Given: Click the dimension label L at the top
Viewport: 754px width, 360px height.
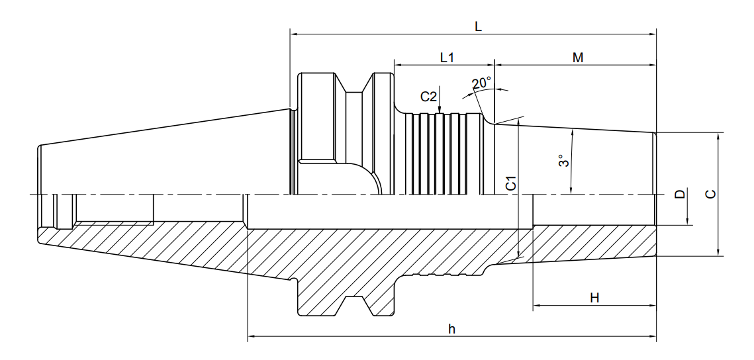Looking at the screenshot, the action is click(x=478, y=27).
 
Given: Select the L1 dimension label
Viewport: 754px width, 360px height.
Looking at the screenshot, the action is click(x=448, y=58).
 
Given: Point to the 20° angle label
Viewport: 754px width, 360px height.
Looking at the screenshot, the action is click(x=483, y=83).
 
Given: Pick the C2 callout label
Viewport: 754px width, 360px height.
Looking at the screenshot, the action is click(x=428, y=97).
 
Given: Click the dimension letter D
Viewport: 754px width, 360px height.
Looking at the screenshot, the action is click(x=679, y=194).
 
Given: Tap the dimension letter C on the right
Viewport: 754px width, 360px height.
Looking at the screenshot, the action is click(x=710, y=194).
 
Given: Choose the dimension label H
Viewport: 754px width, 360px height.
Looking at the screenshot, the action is click(x=595, y=298).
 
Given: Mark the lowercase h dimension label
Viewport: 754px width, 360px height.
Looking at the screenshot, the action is click(x=451, y=330).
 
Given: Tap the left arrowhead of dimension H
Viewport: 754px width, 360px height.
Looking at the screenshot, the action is click(x=537, y=305).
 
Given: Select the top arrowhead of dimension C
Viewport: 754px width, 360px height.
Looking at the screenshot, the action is click(x=718, y=136).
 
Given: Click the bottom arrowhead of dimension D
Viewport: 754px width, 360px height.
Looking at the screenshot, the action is click(x=688, y=221).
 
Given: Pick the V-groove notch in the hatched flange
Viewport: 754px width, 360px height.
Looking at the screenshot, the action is click(x=355, y=305).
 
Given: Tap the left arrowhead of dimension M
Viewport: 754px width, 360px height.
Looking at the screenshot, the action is click(x=498, y=65).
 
